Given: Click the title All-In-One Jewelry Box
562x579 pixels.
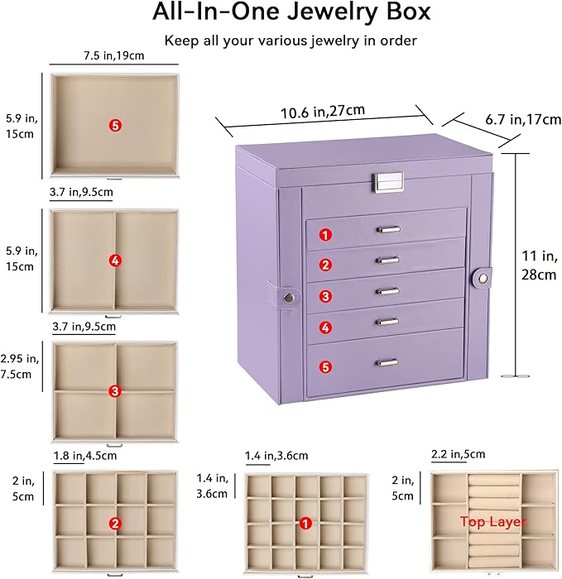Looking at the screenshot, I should click(281, 13).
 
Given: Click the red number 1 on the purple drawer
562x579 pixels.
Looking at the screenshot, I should click(326, 234).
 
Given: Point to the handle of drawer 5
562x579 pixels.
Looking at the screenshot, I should click(387, 361).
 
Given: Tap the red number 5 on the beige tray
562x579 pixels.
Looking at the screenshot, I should click(115, 125).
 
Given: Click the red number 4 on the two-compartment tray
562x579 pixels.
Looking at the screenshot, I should click(115, 261).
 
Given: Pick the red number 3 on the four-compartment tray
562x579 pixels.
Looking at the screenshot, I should click(115, 390).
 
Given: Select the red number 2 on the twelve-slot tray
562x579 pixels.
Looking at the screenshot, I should click(115, 523).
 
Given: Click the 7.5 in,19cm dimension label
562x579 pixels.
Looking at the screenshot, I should click(113, 55).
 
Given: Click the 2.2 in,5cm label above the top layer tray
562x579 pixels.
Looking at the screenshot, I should click(458, 454).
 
